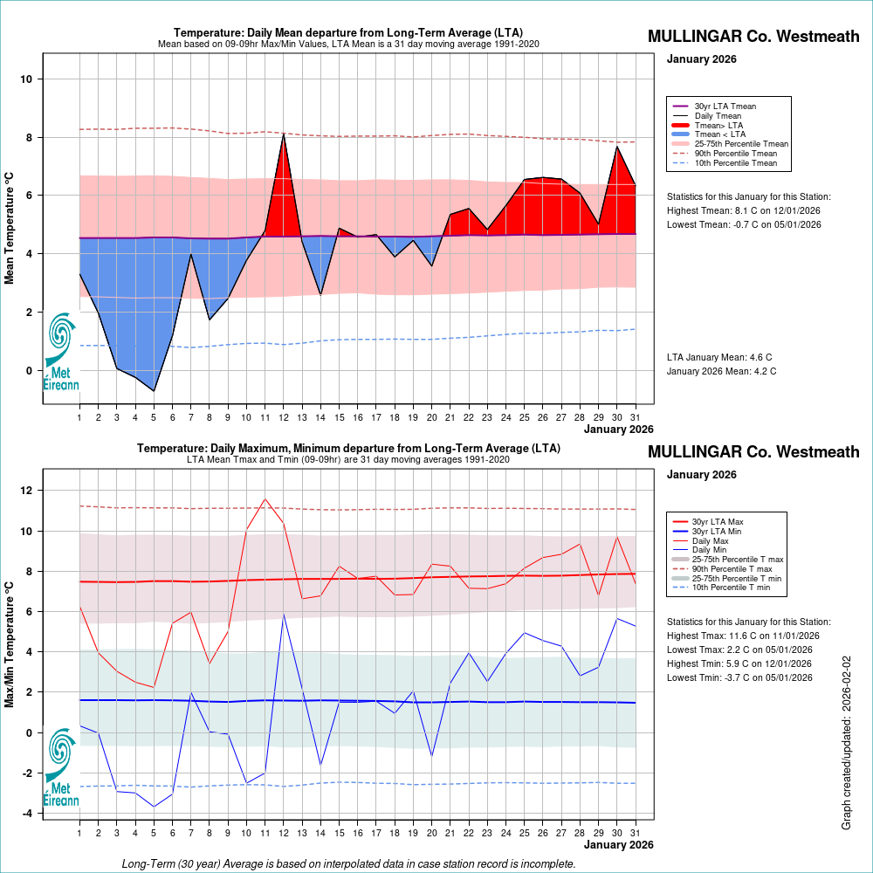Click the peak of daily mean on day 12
[284, 134]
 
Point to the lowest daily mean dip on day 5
[154, 390]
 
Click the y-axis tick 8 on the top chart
[29, 138]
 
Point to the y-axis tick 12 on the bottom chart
[26, 491]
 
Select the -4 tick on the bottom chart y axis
[27, 814]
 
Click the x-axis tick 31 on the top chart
[635, 416]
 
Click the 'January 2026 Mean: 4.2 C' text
[721, 371]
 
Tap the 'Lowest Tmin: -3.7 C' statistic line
[739, 677]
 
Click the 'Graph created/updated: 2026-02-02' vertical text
[847, 743]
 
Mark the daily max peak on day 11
[265, 499]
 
